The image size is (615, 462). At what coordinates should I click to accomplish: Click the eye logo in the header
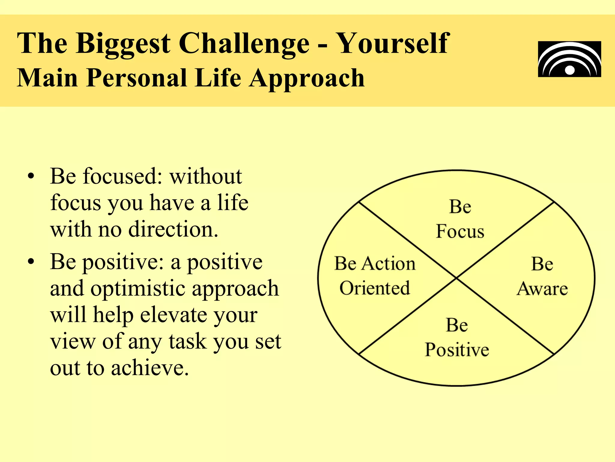569,59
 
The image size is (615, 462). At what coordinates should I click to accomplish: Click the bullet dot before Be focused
31,177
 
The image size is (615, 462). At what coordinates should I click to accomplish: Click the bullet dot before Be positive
31,262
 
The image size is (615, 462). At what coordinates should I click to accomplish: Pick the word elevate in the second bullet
174,315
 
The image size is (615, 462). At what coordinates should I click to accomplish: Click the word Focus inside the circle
460,232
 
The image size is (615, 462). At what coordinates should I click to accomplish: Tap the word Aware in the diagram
542,289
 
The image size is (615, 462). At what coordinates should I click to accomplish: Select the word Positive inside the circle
457,350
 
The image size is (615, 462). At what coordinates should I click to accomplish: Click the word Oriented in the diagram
374,288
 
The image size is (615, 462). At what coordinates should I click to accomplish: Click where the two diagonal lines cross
456,278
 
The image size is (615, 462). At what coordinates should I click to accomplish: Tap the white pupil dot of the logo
570,70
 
